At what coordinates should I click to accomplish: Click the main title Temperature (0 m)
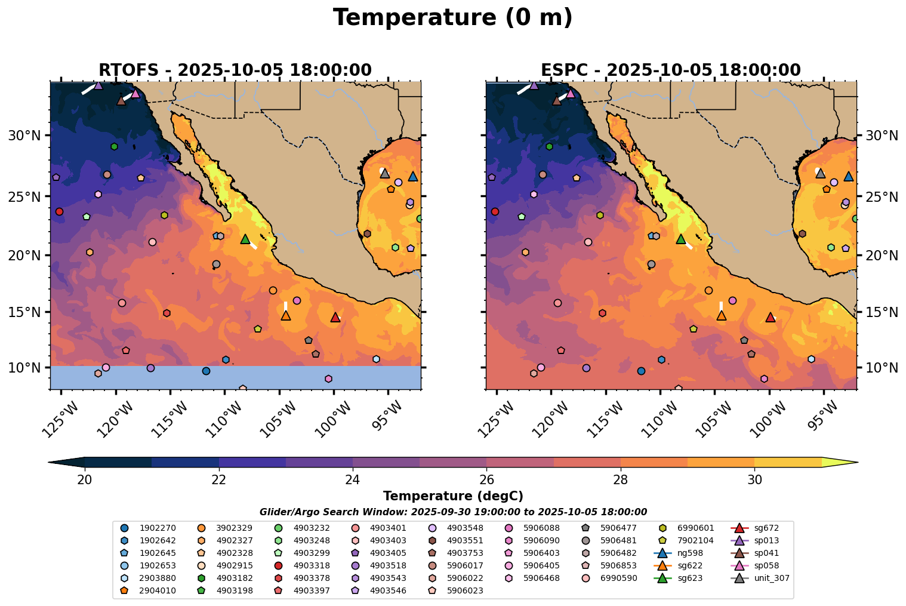452,18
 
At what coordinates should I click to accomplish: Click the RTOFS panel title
235,70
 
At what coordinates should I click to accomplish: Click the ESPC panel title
670,70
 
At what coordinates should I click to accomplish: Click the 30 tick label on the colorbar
754,480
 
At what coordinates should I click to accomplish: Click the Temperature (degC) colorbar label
453,496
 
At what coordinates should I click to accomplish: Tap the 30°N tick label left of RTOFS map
24,136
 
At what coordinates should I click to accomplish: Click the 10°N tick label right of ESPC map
881,367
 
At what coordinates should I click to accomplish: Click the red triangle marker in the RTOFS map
335,317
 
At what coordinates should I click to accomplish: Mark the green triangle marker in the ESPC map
680,239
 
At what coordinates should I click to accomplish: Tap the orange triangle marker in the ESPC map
721,315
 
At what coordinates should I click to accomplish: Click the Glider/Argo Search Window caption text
453,512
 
